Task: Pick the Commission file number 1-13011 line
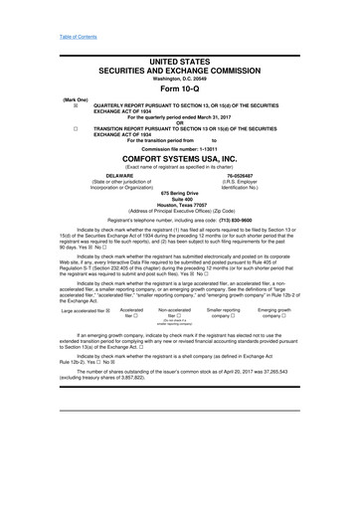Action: tap(179, 161)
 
